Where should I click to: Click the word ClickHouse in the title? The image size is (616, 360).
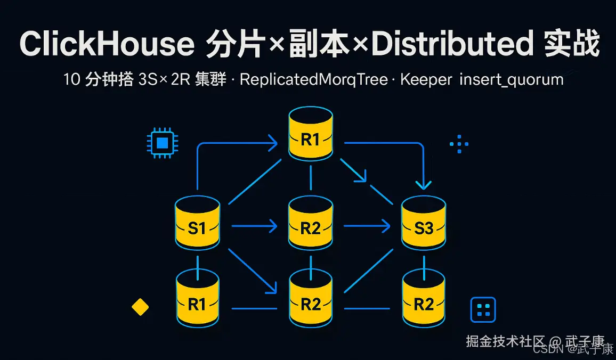click(x=107, y=44)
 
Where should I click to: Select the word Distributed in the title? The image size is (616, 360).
click(x=452, y=44)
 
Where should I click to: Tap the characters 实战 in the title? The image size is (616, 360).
click(x=572, y=44)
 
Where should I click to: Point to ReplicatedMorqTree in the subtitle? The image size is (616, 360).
click(x=313, y=80)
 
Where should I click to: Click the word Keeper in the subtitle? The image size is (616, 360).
click(x=426, y=80)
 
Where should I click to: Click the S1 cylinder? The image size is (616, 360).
click(x=197, y=224)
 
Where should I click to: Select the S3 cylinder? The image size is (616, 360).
click(x=424, y=224)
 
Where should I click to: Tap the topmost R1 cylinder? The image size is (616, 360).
click(x=311, y=134)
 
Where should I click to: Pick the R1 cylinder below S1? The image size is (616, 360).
click(x=197, y=298)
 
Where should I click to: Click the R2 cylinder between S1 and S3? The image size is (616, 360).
click(x=311, y=224)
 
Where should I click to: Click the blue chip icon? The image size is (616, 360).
click(x=163, y=143)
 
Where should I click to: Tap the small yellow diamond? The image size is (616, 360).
click(x=140, y=307)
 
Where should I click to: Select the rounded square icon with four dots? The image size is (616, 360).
click(x=483, y=310)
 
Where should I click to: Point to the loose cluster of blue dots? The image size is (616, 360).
click(x=459, y=144)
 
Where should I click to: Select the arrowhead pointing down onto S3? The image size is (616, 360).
click(x=424, y=184)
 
